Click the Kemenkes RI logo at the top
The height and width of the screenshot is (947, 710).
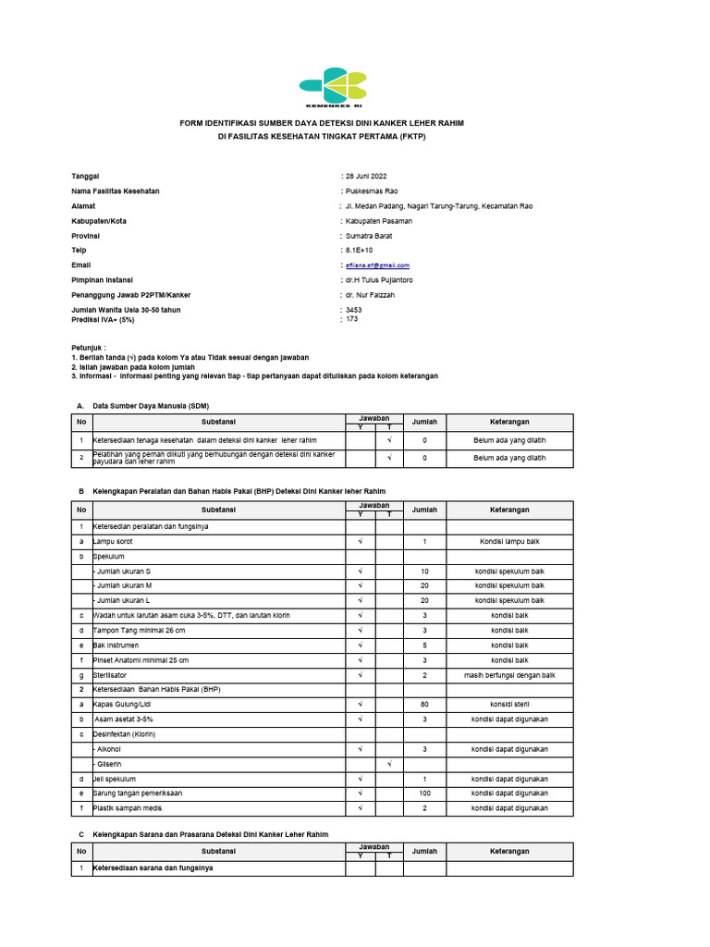tap(333, 87)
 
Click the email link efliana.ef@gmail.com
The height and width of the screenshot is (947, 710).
tap(377, 265)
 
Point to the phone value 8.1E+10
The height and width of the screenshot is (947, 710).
tap(360, 251)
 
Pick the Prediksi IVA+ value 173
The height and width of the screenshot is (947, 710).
tap(351, 319)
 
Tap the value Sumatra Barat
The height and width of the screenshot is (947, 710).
tap(371, 236)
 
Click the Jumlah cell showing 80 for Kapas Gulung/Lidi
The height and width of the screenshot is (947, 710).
tap(424, 706)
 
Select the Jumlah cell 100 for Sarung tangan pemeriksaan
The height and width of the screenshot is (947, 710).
tap(424, 793)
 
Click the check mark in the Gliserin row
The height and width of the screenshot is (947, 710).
tap(389, 764)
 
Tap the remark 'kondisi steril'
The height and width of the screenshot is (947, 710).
tap(509, 706)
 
